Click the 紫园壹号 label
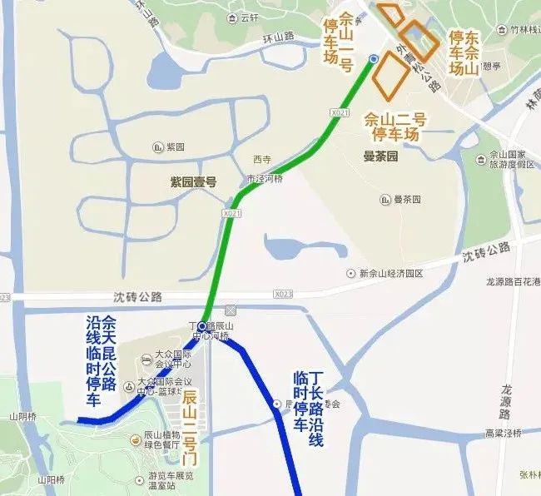coord(193,181)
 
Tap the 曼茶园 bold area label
coord(382,156)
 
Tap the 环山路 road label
coord(279,37)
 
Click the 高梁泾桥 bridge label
coord(504,434)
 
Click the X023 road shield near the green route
coord(283,294)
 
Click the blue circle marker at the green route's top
coord(374,58)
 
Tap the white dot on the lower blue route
coord(277,404)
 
